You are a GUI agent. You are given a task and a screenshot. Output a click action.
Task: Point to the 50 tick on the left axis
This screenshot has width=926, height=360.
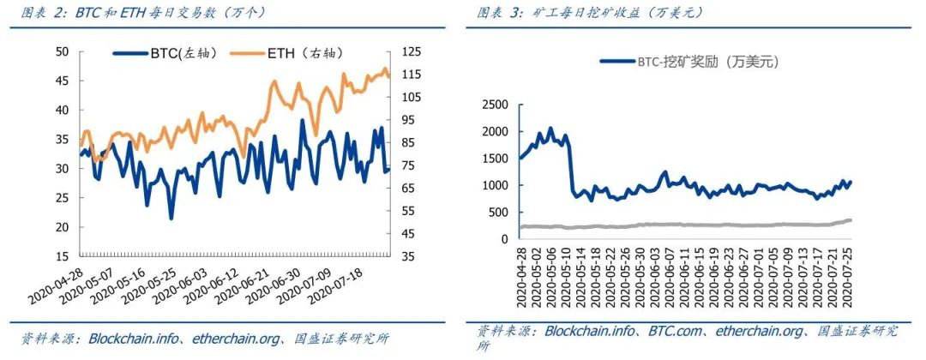pos(62,51)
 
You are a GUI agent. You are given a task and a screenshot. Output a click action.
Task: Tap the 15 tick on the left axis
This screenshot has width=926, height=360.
pos(62,256)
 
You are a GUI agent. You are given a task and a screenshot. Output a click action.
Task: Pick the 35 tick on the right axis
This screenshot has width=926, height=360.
pos(409,256)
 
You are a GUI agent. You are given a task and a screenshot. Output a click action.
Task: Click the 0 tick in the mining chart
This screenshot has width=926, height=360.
pos(504,239)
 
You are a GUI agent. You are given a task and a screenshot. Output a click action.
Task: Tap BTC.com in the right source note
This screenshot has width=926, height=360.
pos(676,331)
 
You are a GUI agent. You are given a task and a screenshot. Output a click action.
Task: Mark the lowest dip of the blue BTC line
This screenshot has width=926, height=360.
pos(171,218)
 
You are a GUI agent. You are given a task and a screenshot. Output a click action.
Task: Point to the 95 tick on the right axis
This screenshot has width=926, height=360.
pos(409,120)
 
